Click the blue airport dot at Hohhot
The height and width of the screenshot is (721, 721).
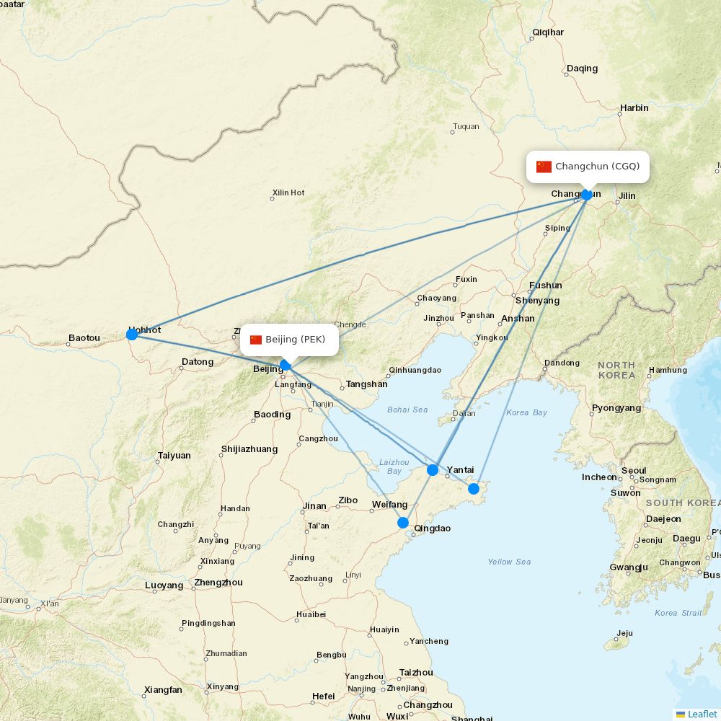point(132,335)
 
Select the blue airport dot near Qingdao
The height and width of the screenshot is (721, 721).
point(403,523)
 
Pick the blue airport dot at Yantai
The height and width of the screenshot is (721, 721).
point(433,470)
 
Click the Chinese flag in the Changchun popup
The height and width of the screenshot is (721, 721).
point(544,167)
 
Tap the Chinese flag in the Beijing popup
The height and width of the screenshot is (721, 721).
point(256,340)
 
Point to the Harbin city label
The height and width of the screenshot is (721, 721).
point(634,108)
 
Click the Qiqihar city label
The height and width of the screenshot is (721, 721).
point(548,32)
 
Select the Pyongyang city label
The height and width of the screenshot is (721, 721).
point(616,408)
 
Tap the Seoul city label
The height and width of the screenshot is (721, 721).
point(634,471)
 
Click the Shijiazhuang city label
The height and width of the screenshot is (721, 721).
point(249,449)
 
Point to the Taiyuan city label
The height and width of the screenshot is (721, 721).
point(174,456)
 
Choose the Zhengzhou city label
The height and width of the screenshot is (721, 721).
point(218,583)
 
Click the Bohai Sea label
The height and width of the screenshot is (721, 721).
point(407,410)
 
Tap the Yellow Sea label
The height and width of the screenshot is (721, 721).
point(509,562)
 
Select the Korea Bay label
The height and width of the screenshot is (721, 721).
point(526,412)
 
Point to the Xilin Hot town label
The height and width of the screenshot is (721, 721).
point(288,193)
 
